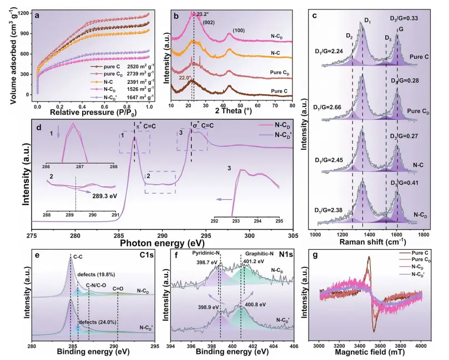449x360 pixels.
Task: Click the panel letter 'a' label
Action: point(38,16)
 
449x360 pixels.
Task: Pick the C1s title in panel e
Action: point(150,256)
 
